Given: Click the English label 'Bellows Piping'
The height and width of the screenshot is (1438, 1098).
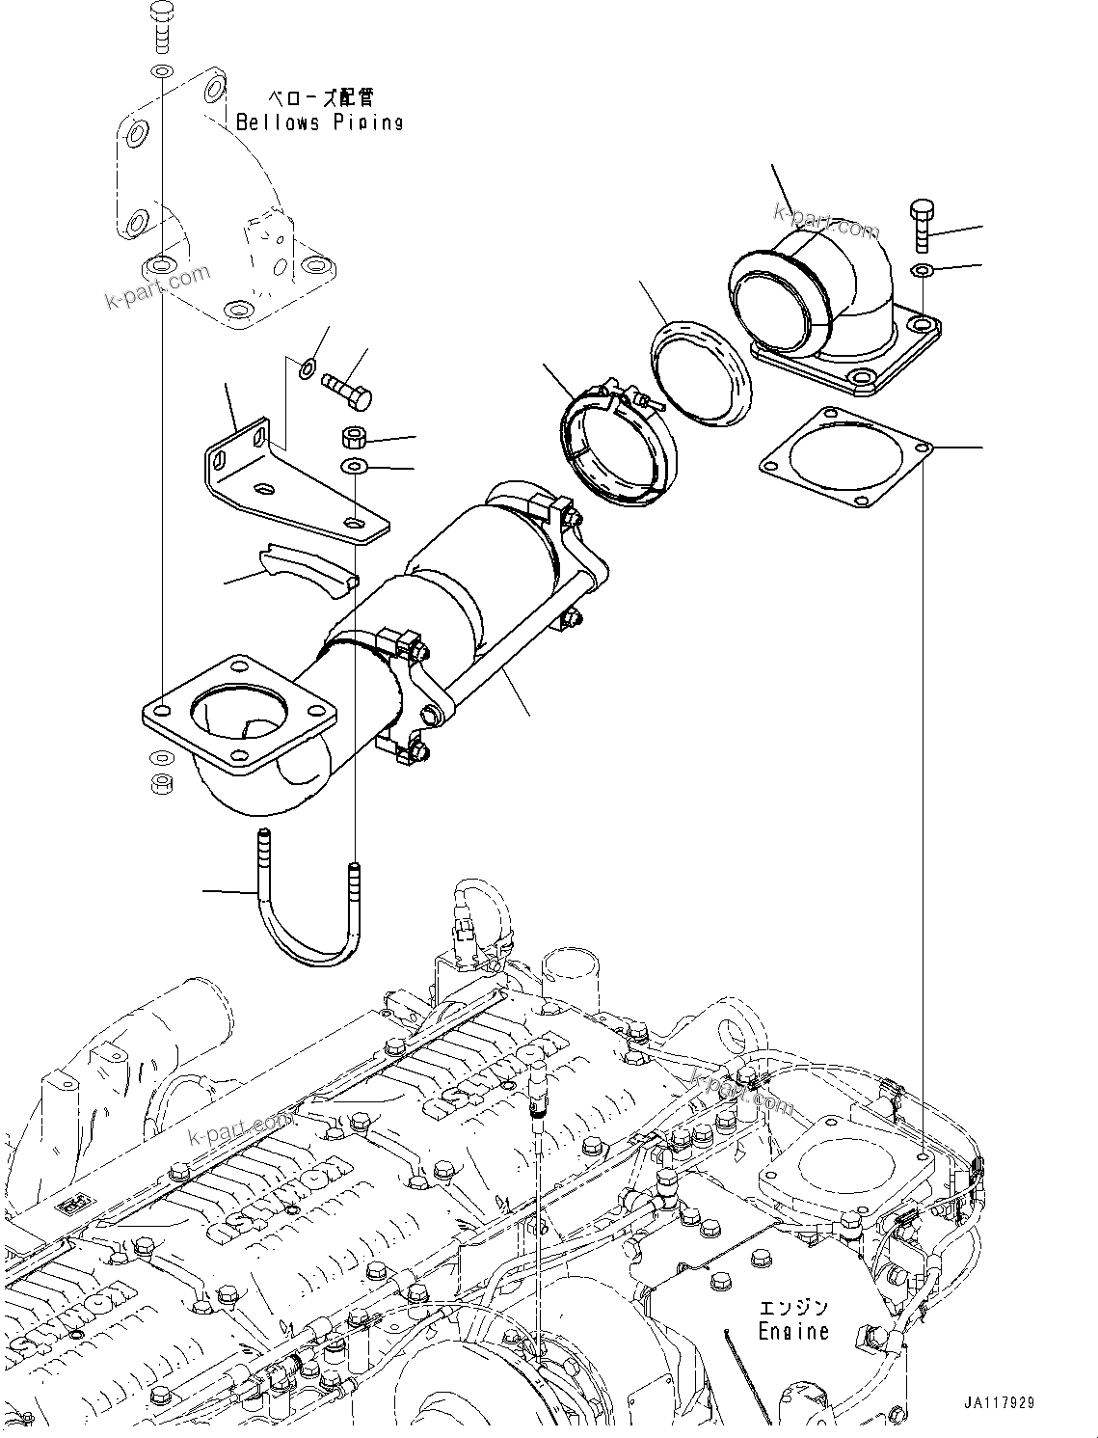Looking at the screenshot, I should pos(319,122).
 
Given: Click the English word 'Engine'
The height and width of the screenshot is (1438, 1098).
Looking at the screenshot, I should pos(792,1332).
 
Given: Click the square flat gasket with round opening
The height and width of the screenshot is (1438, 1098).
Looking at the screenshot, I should pos(846,455).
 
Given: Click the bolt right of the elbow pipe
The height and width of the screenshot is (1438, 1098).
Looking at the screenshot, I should pos(921,226).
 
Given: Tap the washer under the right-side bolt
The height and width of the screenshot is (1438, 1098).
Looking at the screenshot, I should pos(922,268).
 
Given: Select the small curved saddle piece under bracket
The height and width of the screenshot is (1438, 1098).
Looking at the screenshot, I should pos(308,569).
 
